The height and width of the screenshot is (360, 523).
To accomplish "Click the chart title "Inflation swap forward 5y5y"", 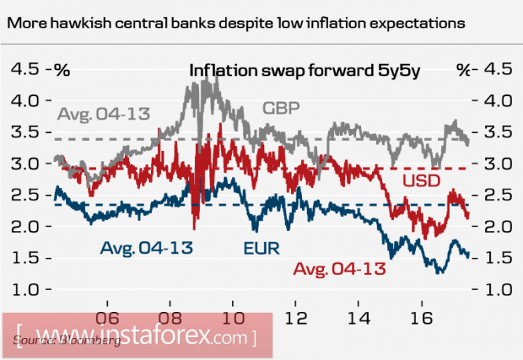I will pyautogui.click(x=305, y=70).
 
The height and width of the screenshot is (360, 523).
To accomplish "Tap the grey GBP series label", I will pyautogui.click(x=281, y=108).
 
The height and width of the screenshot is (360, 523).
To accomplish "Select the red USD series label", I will pyautogui.click(x=422, y=180).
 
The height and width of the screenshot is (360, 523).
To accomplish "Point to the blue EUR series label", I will pyautogui.click(x=261, y=249).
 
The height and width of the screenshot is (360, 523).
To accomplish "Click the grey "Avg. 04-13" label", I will pyautogui.click(x=104, y=113).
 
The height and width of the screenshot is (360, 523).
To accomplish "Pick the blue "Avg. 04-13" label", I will pyautogui.click(x=147, y=249).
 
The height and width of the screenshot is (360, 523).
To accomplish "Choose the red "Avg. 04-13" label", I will pyautogui.click(x=340, y=270).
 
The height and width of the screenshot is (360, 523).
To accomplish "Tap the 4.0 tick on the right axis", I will pyautogui.click(x=497, y=101).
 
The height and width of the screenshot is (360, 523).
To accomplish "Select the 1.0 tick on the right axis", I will pyautogui.click(x=497, y=289).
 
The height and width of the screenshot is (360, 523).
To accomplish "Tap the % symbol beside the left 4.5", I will pyautogui.click(x=61, y=70).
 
